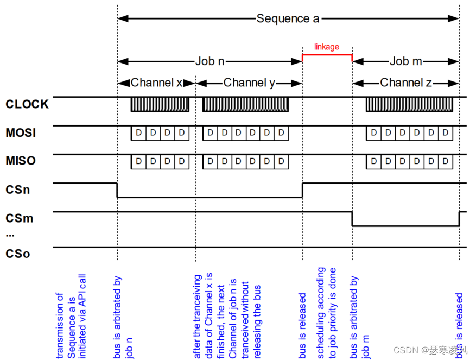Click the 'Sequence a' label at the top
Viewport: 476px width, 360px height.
pos(288,18)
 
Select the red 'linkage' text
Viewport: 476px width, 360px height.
pos(327,47)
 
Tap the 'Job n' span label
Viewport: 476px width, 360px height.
pos(210,61)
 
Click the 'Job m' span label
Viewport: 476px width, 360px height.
pos(405,61)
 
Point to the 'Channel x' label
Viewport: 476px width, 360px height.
pos(156,83)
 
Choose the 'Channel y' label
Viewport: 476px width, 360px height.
pos(249,83)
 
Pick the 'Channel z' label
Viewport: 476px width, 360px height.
pos(405,83)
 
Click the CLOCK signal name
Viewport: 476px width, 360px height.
pos(27,104)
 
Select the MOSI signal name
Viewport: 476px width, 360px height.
pos(21,133)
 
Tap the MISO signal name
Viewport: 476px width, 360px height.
pos(21,162)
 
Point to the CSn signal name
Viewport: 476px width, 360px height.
pos(18,191)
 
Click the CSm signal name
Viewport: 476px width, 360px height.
pos(19,219)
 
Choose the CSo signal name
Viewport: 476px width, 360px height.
pos(18,253)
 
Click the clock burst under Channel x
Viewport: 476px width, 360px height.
pos(160,105)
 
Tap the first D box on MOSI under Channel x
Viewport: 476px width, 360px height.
pos(138,133)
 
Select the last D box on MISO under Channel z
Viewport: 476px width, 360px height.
pos(445,162)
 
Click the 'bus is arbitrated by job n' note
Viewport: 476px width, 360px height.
pos(123,318)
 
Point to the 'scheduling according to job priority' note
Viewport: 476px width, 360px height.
pos(326,312)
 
